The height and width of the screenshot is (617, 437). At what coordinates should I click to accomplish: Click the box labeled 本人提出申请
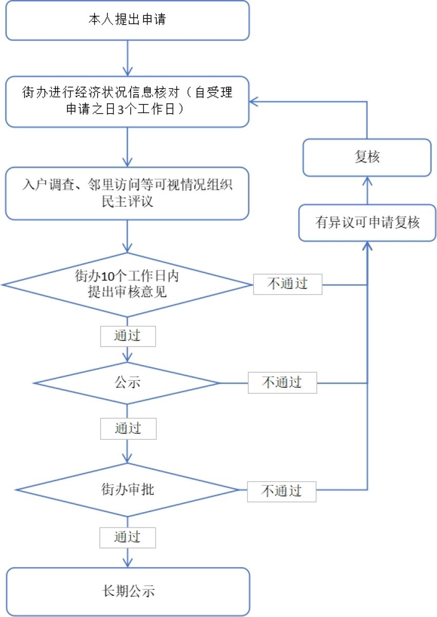pyautogui.click(x=127, y=20)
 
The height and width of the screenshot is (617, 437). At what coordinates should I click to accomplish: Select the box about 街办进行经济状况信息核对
pyautogui.click(x=127, y=102)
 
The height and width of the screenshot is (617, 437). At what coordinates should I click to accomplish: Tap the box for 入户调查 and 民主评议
pyautogui.click(x=127, y=193)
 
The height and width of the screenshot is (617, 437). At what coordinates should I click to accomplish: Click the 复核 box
pyautogui.click(x=367, y=157)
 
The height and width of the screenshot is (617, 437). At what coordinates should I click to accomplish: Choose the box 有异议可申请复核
pyautogui.click(x=367, y=223)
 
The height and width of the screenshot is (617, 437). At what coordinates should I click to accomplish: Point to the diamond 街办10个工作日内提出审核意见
pyautogui.click(x=126, y=284)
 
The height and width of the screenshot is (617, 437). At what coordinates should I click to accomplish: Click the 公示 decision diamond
pyautogui.click(x=127, y=383)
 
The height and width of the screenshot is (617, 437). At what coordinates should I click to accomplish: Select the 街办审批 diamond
pyautogui.click(x=127, y=489)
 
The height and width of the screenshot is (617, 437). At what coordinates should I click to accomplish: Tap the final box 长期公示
pyautogui.click(x=127, y=591)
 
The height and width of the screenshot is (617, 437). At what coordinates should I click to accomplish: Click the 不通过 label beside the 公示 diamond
pyautogui.click(x=282, y=383)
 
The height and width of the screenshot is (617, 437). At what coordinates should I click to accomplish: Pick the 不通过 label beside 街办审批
pyautogui.click(x=281, y=491)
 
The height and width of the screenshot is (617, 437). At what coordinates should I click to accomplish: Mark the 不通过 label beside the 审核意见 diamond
pyautogui.click(x=287, y=284)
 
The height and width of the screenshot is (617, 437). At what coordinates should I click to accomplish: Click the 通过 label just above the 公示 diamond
pyautogui.click(x=128, y=336)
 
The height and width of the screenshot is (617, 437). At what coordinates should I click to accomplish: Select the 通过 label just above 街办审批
pyautogui.click(x=128, y=428)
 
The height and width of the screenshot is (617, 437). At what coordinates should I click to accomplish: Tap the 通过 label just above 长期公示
pyautogui.click(x=128, y=537)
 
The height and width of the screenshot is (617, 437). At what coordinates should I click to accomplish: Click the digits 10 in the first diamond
pyautogui.click(x=102, y=277)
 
